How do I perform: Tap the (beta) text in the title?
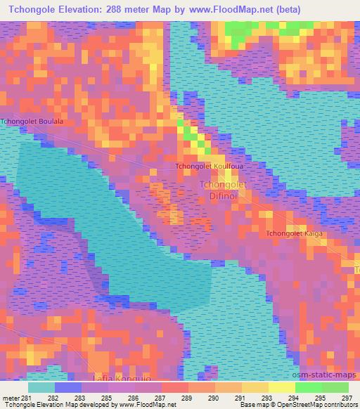309,9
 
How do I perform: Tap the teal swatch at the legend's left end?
41,387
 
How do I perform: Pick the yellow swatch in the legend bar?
282,387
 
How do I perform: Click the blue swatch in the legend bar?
68,387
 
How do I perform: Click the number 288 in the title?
133,9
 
